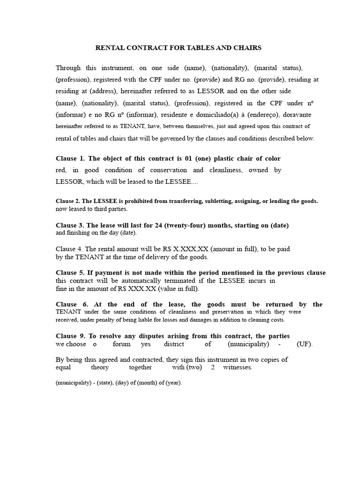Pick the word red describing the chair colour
(x=61, y=170)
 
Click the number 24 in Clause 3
(x=158, y=225)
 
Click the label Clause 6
(x=69, y=305)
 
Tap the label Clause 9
(x=70, y=336)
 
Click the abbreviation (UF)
(x=304, y=344)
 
